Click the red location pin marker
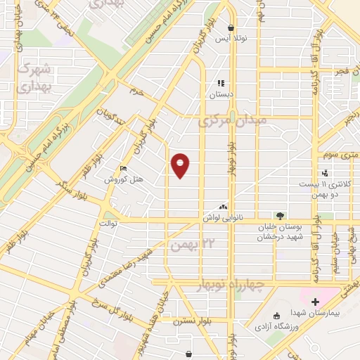tap(181, 165)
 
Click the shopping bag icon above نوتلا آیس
tap(231, 28)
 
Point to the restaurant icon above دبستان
tap(221, 83)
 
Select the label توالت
tap(107, 223)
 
